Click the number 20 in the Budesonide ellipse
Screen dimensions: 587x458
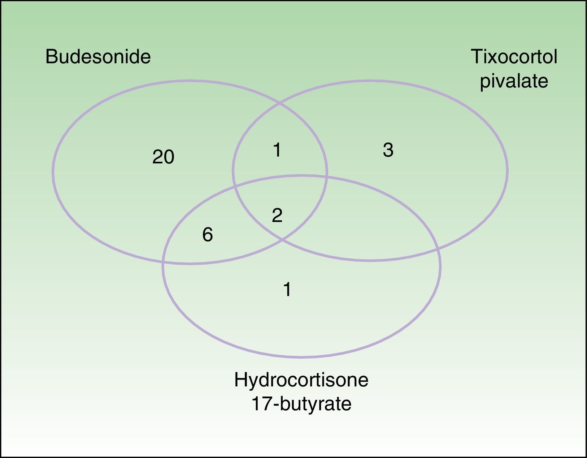[163, 157]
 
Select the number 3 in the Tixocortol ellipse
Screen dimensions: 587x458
[388, 150]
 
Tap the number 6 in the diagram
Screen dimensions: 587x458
[208, 235]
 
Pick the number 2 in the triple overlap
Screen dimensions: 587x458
[277, 216]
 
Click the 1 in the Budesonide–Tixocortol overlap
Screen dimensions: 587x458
[277, 150]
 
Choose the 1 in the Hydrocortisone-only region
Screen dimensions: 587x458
[287, 290]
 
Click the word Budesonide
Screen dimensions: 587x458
[98, 57]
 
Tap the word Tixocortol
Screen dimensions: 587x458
[514, 57]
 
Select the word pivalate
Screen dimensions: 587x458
[514, 81]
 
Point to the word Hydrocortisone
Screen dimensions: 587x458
[301, 380]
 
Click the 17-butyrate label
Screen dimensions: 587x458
[301, 404]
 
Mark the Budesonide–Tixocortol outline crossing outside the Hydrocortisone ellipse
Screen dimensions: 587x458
[280, 104]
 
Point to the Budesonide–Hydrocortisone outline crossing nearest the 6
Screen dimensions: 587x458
[164, 262]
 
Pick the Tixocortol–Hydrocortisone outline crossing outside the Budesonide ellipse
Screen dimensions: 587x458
[438, 249]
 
